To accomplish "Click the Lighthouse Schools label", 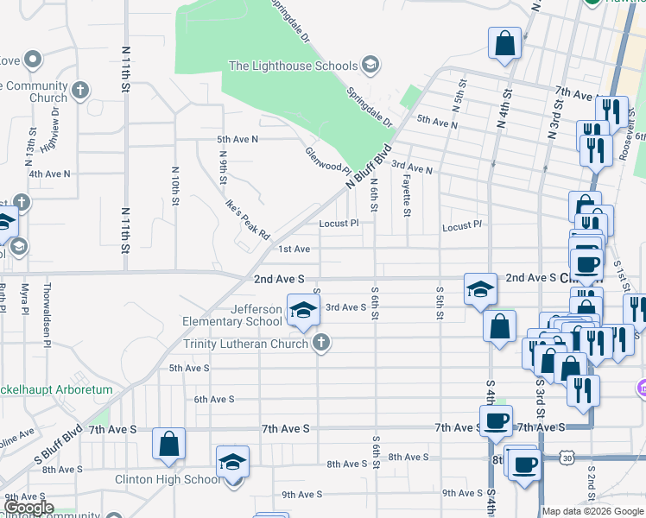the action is [293, 66].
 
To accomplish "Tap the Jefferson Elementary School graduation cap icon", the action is [302, 312].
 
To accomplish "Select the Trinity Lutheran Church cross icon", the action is [320, 344].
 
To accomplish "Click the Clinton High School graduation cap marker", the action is [232, 463].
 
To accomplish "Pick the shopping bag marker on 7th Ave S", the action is [169, 444].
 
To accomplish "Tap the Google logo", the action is [28, 508].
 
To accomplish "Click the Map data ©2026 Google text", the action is [592, 511].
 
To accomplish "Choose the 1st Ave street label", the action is [294, 250].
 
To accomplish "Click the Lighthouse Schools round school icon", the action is [370, 65].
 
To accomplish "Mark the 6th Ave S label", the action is [214, 399].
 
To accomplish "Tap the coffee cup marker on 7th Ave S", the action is [496, 421].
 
